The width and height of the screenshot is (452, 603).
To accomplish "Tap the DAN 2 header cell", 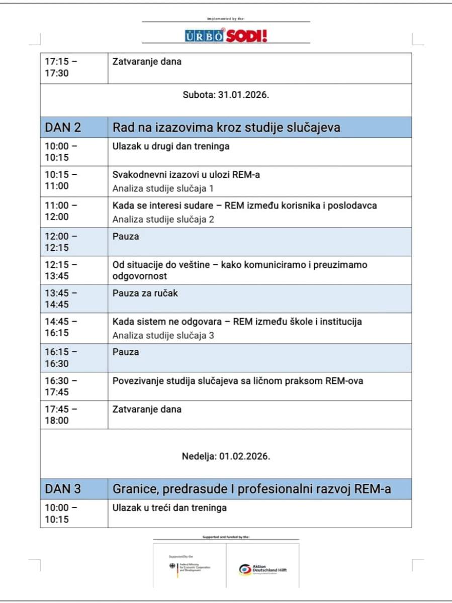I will [63, 128].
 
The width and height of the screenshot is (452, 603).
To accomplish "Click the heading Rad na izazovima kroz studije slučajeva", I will [226, 128].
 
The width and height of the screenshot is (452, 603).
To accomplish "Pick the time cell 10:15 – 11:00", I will [61, 180].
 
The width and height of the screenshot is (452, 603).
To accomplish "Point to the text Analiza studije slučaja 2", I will [163, 219].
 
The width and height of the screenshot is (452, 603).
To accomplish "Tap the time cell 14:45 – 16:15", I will [61, 327].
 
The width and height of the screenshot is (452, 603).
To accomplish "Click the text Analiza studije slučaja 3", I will [163, 335].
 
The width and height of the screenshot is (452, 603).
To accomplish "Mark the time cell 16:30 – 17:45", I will [61, 386].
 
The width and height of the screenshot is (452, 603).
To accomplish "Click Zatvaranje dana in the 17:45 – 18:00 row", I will [147, 410].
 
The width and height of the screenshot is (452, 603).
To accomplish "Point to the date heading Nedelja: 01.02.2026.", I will [226, 457].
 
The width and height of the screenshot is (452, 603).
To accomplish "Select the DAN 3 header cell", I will [63, 488].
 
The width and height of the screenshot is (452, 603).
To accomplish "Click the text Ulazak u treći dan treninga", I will [169, 508].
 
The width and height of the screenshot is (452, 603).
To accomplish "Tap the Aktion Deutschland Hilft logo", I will [263, 569].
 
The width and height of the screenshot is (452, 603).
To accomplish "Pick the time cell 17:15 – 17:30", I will [61, 67].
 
